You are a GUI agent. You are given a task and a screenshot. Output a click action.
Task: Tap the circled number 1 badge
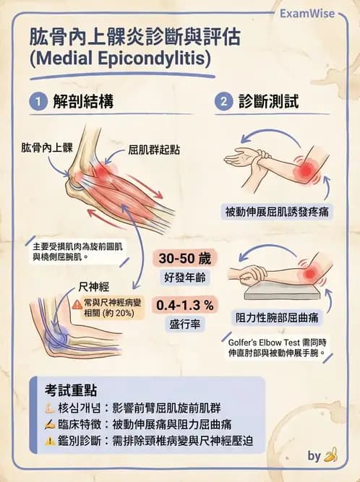point(37,102)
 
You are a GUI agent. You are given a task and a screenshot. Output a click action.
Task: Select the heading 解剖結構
point(77,102)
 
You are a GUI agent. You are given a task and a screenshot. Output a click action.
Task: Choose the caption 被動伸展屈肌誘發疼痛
point(277,211)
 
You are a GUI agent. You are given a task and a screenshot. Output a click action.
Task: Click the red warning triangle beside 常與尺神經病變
point(77,304)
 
